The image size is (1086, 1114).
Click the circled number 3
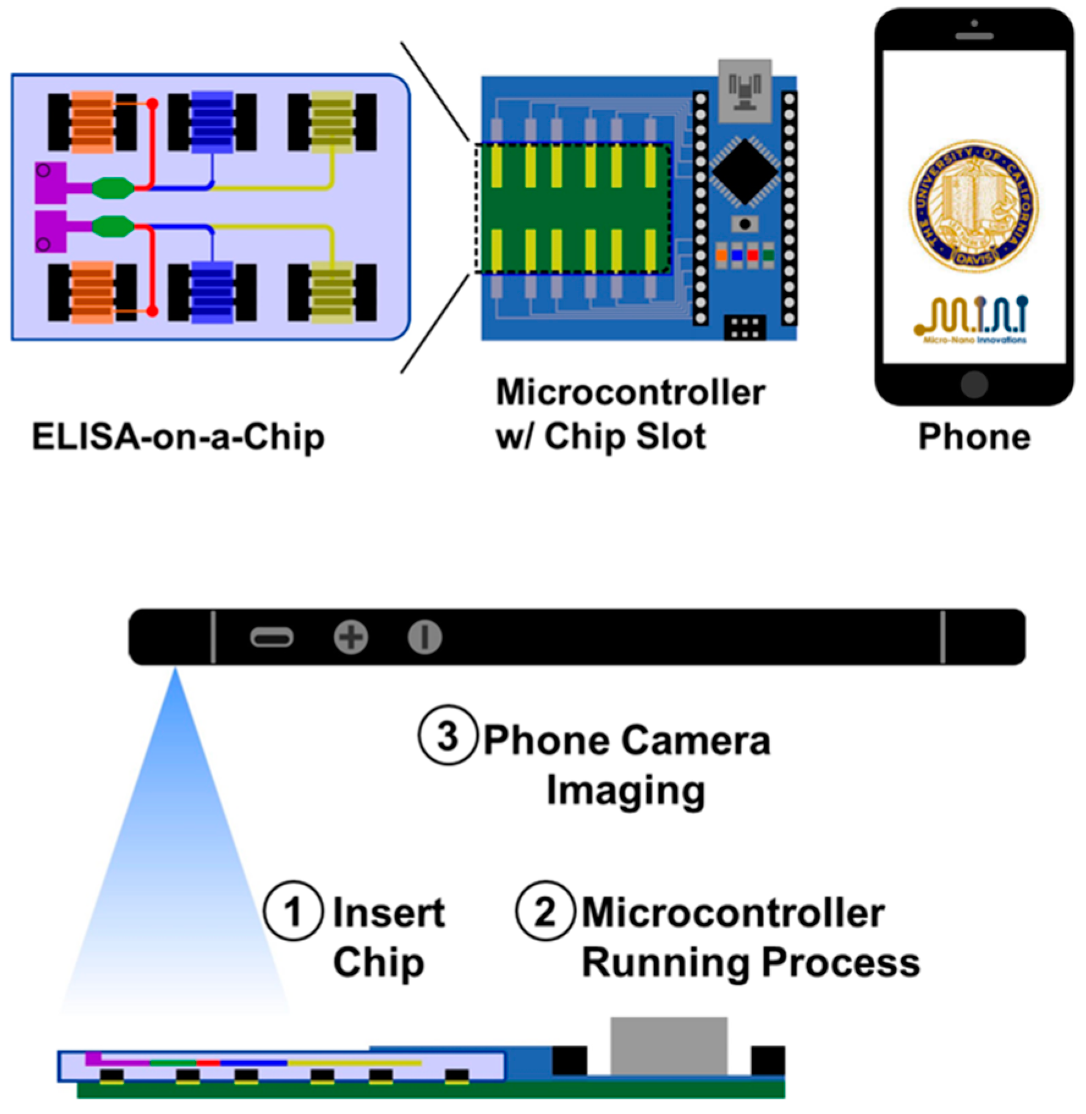[447, 735]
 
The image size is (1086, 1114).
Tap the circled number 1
[293, 911]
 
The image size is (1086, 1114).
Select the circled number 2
[545, 911]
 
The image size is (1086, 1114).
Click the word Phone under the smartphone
[974, 437]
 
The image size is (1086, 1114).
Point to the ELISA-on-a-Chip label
[178, 437]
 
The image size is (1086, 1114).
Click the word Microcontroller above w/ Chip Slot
[630, 392]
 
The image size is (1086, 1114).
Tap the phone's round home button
[974, 385]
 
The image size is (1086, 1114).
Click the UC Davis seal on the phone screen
[974, 206]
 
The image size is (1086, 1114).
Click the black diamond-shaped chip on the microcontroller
[745, 172]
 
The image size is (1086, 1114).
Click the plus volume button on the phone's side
[351, 638]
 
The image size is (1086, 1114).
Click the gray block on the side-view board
[669, 1046]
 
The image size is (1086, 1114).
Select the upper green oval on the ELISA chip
[113, 187]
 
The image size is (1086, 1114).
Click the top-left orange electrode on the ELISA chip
[92, 122]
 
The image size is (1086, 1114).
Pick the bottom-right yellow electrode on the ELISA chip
[332, 292]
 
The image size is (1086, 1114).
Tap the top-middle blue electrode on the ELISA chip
[212, 122]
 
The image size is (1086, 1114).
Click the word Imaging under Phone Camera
[625, 791]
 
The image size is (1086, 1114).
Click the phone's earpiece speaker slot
[974, 37]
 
